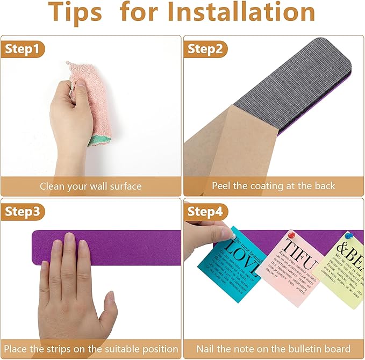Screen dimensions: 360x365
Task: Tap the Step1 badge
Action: pyautogui.click(x=22, y=49)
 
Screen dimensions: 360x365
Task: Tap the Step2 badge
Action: pyautogui.click(x=205, y=49)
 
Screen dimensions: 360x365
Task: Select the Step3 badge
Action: pyautogui.click(x=23, y=212)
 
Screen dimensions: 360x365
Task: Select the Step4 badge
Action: pyautogui.click(x=205, y=212)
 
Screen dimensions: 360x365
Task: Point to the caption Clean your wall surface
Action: pyautogui.click(x=90, y=186)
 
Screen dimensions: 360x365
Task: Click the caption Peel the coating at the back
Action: pyautogui.click(x=273, y=186)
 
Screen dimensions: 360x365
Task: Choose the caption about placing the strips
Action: pyautogui.click(x=90, y=349)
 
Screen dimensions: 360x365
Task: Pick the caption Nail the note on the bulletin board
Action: pyautogui.click(x=273, y=349)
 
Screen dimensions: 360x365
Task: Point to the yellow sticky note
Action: pyautogui.click(x=342, y=269)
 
